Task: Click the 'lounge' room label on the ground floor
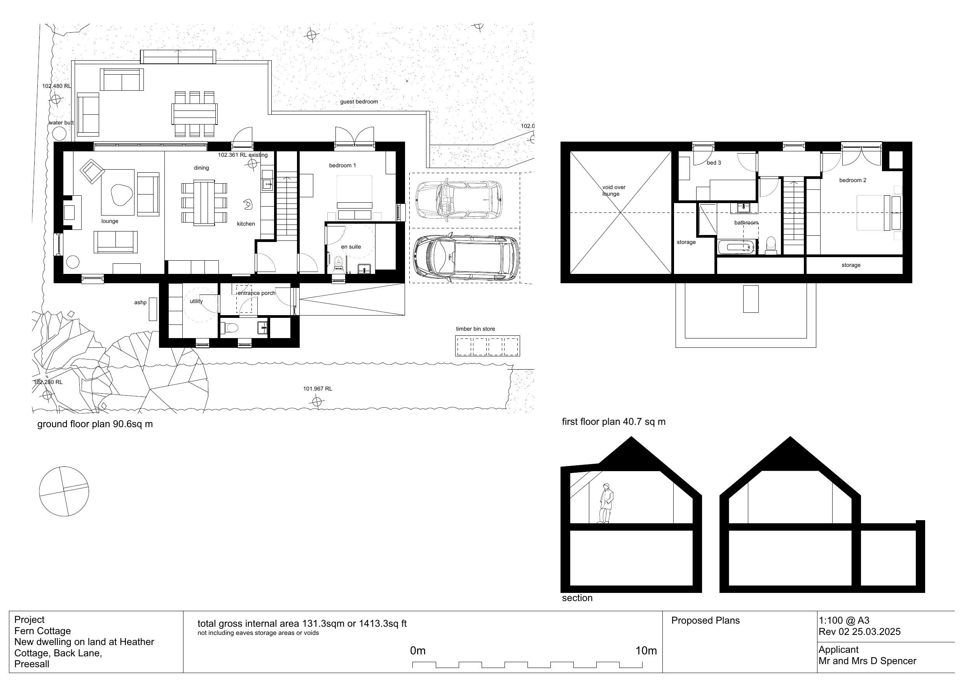click(x=110, y=221)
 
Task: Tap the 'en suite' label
click(x=351, y=247)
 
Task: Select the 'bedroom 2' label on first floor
click(x=853, y=180)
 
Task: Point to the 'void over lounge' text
click(x=613, y=190)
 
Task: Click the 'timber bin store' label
click(x=475, y=329)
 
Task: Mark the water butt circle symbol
click(x=59, y=133)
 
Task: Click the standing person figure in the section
click(x=606, y=503)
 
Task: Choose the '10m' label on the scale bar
click(x=646, y=651)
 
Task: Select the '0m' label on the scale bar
click(x=418, y=651)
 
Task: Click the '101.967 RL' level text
click(x=318, y=389)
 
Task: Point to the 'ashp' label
click(x=140, y=303)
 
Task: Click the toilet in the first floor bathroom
click(x=771, y=245)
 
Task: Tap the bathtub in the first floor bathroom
click(x=737, y=247)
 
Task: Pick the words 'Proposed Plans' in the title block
click(x=706, y=621)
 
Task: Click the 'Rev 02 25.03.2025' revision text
click(x=859, y=631)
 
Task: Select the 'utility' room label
click(x=196, y=301)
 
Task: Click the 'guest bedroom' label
click(x=359, y=102)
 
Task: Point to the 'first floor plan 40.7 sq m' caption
click(x=613, y=422)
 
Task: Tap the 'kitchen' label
click(x=246, y=224)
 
